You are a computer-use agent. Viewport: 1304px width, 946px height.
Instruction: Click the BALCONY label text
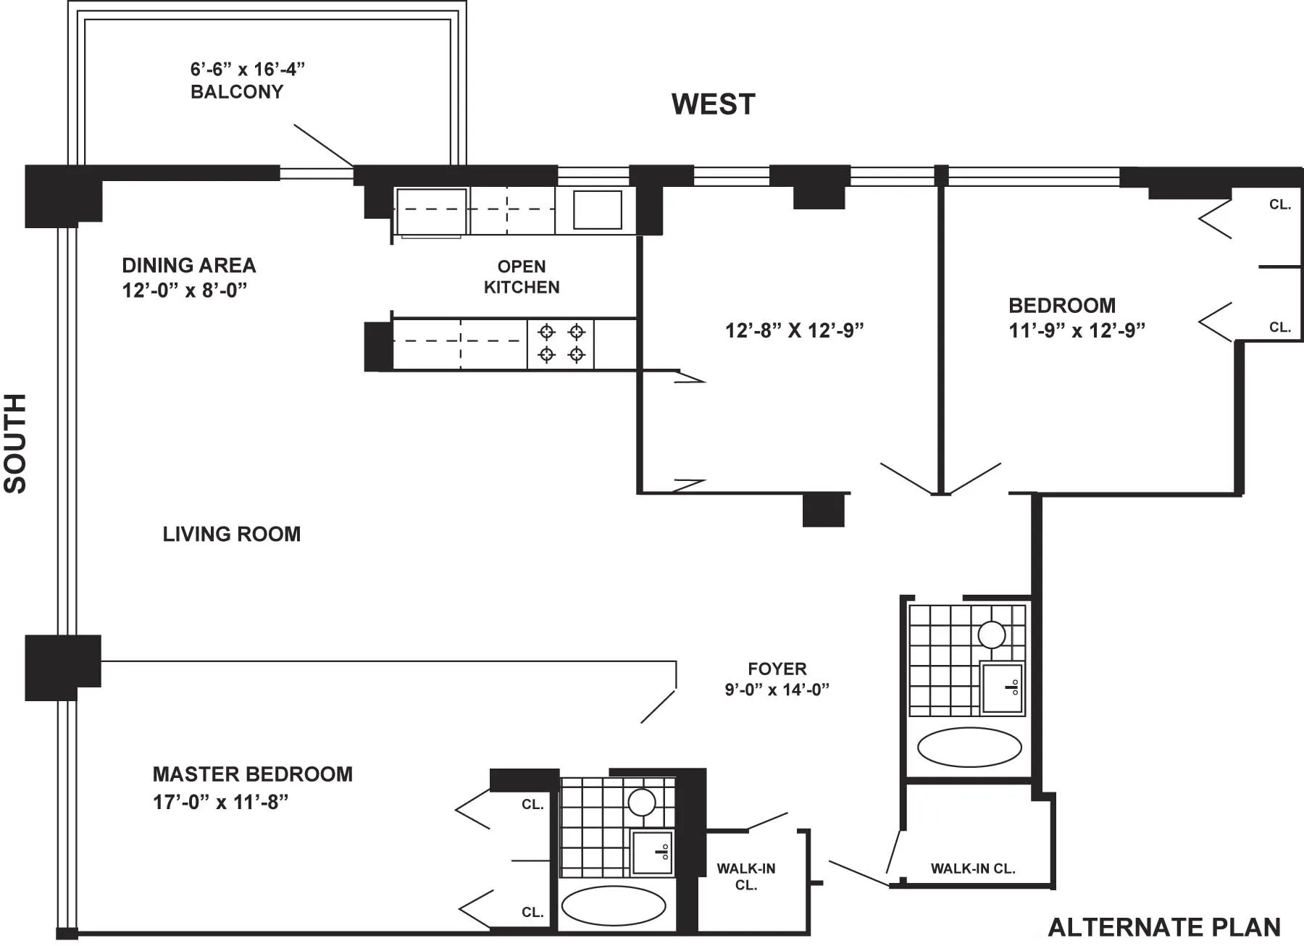pyautogui.click(x=237, y=92)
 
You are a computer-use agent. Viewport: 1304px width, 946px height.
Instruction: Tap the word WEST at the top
pyautogui.click(x=713, y=104)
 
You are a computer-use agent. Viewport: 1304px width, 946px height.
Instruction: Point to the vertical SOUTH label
pyautogui.click(x=15, y=443)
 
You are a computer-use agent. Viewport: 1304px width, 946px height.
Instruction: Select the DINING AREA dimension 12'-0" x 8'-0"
pyautogui.click(x=185, y=290)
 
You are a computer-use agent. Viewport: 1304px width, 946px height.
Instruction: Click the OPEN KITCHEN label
pyautogui.click(x=522, y=277)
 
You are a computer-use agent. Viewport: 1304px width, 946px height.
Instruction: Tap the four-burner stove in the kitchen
pyautogui.click(x=561, y=343)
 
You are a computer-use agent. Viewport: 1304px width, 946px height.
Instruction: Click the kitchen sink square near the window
pyautogui.click(x=597, y=210)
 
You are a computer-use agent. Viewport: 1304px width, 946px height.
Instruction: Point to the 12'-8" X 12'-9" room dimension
pyautogui.click(x=794, y=330)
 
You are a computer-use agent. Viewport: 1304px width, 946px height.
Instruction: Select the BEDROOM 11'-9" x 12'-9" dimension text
pyautogui.click(x=1077, y=330)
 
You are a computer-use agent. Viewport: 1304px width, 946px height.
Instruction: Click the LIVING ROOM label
pyautogui.click(x=231, y=535)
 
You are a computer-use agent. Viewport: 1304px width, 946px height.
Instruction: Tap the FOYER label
pyautogui.click(x=777, y=669)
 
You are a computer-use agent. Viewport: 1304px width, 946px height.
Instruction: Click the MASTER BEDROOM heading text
pyautogui.click(x=252, y=774)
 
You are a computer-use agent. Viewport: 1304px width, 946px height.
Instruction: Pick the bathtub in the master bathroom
pyautogui.click(x=613, y=905)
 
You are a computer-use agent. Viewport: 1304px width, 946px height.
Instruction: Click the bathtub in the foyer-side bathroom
pyautogui.click(x=969, y=747)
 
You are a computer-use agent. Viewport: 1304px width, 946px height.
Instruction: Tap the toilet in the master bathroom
pyautogui.click(x=642, y=802)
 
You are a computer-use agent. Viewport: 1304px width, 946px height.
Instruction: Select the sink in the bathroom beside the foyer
pyautogui.click(x=1002, y=687)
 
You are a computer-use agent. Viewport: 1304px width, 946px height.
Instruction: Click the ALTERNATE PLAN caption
pyautogui.click(x=1164, y=928)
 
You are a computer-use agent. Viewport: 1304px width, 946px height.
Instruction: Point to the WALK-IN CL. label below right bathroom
pyautogui.click(x=972, y=868)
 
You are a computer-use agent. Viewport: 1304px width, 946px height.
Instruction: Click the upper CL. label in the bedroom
pyautogui.click(x=1279, y=205)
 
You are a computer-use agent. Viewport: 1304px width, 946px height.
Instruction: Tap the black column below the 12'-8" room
pyautogui.click(x=824, y=510)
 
